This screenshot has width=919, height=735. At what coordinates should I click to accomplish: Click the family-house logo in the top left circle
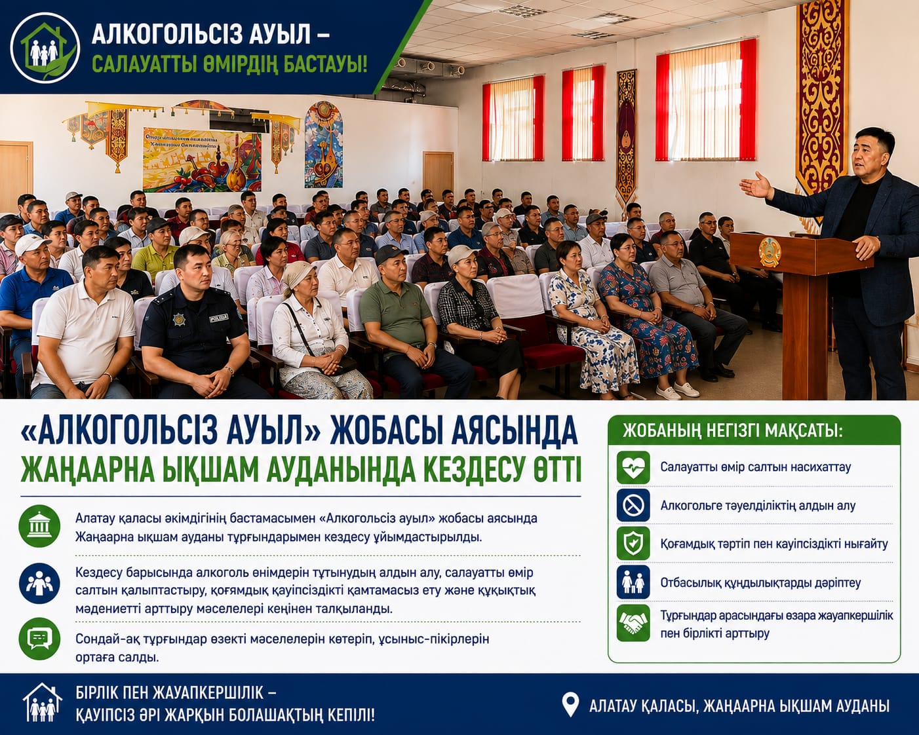(45, 47)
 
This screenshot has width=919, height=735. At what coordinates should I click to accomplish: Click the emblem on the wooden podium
(770, 252)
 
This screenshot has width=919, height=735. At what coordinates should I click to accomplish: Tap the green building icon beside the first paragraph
(39, 526)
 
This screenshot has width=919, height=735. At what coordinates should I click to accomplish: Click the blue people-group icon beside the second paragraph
(39, 584)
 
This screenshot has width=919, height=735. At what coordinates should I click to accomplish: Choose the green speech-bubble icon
(39, 639)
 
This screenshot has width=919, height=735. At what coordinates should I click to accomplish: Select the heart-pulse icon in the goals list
(633, 467)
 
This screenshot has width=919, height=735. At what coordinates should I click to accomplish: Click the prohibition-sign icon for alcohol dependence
(633, 506)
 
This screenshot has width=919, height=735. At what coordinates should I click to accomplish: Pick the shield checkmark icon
(633, 543)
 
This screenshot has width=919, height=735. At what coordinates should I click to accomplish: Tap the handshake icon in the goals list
(633, 624)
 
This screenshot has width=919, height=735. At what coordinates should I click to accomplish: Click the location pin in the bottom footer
(570, 705)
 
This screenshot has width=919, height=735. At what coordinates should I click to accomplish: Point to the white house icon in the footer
(42, 702)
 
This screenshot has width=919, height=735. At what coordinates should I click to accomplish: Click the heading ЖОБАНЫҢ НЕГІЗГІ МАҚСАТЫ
(733, 431)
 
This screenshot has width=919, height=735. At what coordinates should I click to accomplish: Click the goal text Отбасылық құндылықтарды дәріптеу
(760, 583)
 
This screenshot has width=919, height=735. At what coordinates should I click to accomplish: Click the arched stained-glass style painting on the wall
(323, 144)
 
